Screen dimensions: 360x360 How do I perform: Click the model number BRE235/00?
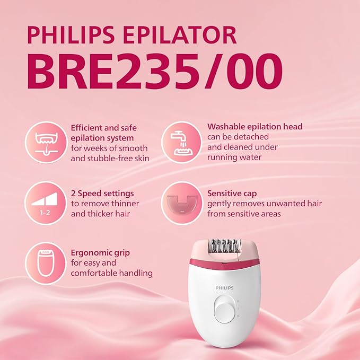tap(154, 73)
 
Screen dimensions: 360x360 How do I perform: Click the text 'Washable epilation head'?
tap(255, 127)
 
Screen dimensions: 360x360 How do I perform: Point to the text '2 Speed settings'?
tap(102, 193)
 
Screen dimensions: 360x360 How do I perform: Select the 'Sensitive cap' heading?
tap(232, 194)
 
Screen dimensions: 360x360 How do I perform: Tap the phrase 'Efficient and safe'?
tap(104, 127)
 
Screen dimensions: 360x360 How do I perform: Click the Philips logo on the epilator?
tap(223, 287)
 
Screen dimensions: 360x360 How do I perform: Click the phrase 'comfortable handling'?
tap(112, 273)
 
